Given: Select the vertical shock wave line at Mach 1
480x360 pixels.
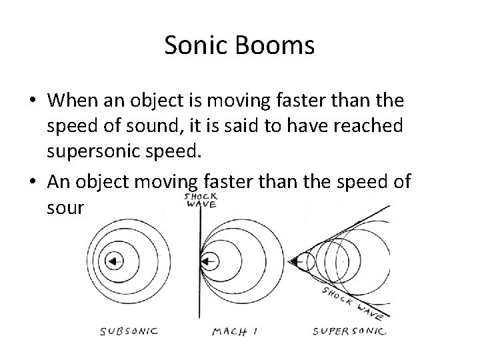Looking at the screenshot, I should click(198, 293).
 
